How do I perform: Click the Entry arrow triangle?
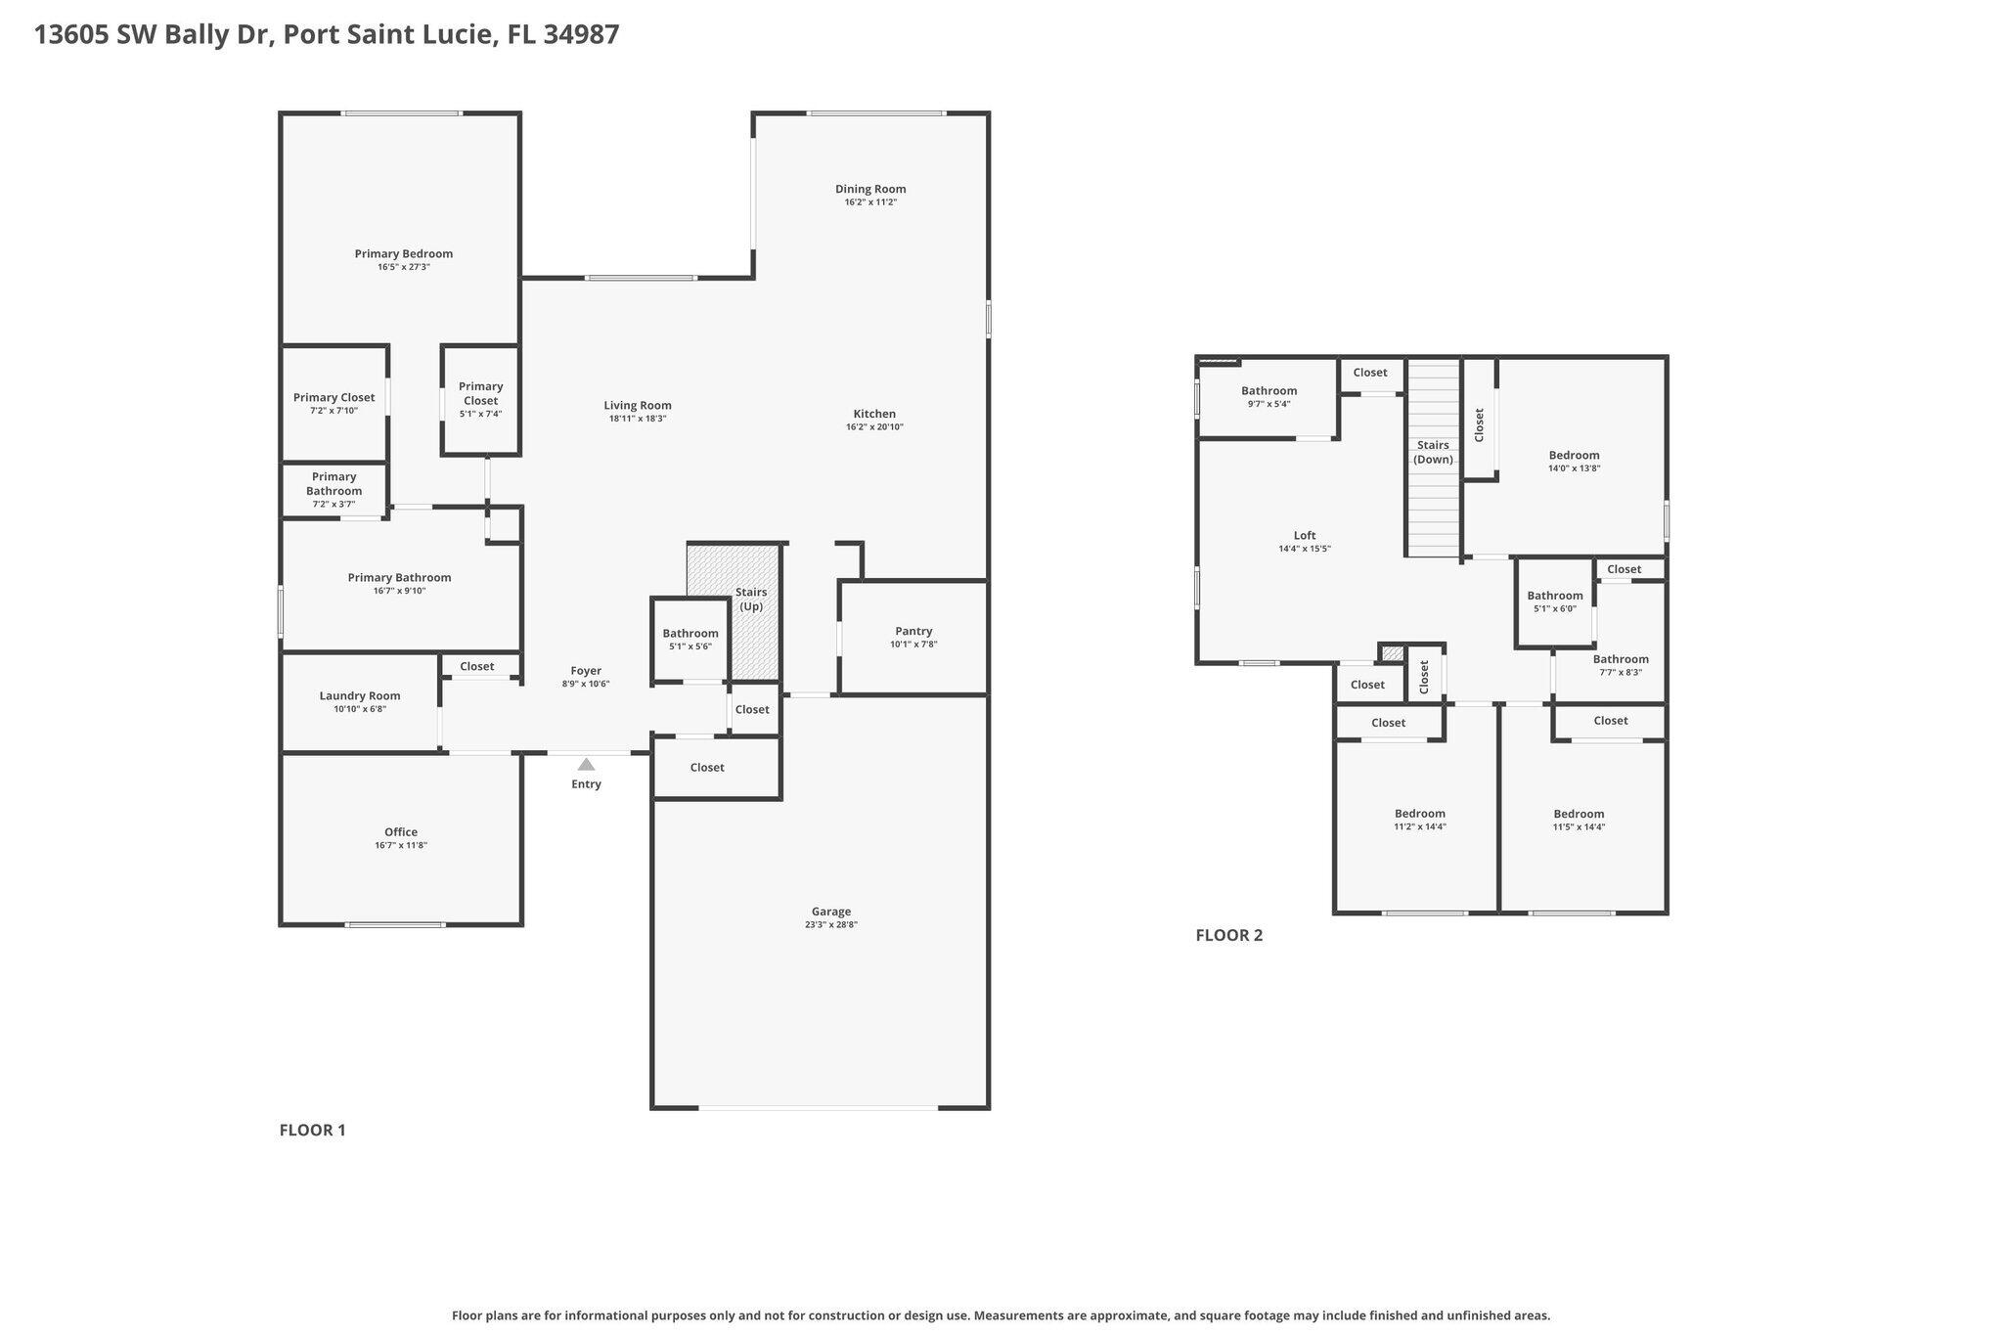(x=586, y=765)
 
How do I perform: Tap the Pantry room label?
(x=913, y=631)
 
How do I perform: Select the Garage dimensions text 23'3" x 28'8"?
(x=831, y=924)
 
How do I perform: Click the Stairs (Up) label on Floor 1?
(x=750, y=600)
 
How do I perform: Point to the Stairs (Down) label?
(x=1433, y=452)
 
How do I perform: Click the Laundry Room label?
(x=360, y=695)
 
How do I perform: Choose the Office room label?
(x=401, y=831)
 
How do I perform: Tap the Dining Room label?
(x=870, y=189)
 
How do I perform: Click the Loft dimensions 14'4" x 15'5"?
(x=1305, y=549)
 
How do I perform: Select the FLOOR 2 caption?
(x=1228, y=935)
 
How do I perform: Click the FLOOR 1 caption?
(x=312, y=1130)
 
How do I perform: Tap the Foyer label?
(x=586, y=670)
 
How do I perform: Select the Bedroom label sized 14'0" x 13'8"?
(x=1574, y=455)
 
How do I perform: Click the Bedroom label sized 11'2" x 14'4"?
(x=1419, y=813)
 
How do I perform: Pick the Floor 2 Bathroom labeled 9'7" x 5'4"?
(x=1269, y=390)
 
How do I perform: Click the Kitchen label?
(x=874, y=414)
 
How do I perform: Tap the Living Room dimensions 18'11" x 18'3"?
(x=637, y=419)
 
